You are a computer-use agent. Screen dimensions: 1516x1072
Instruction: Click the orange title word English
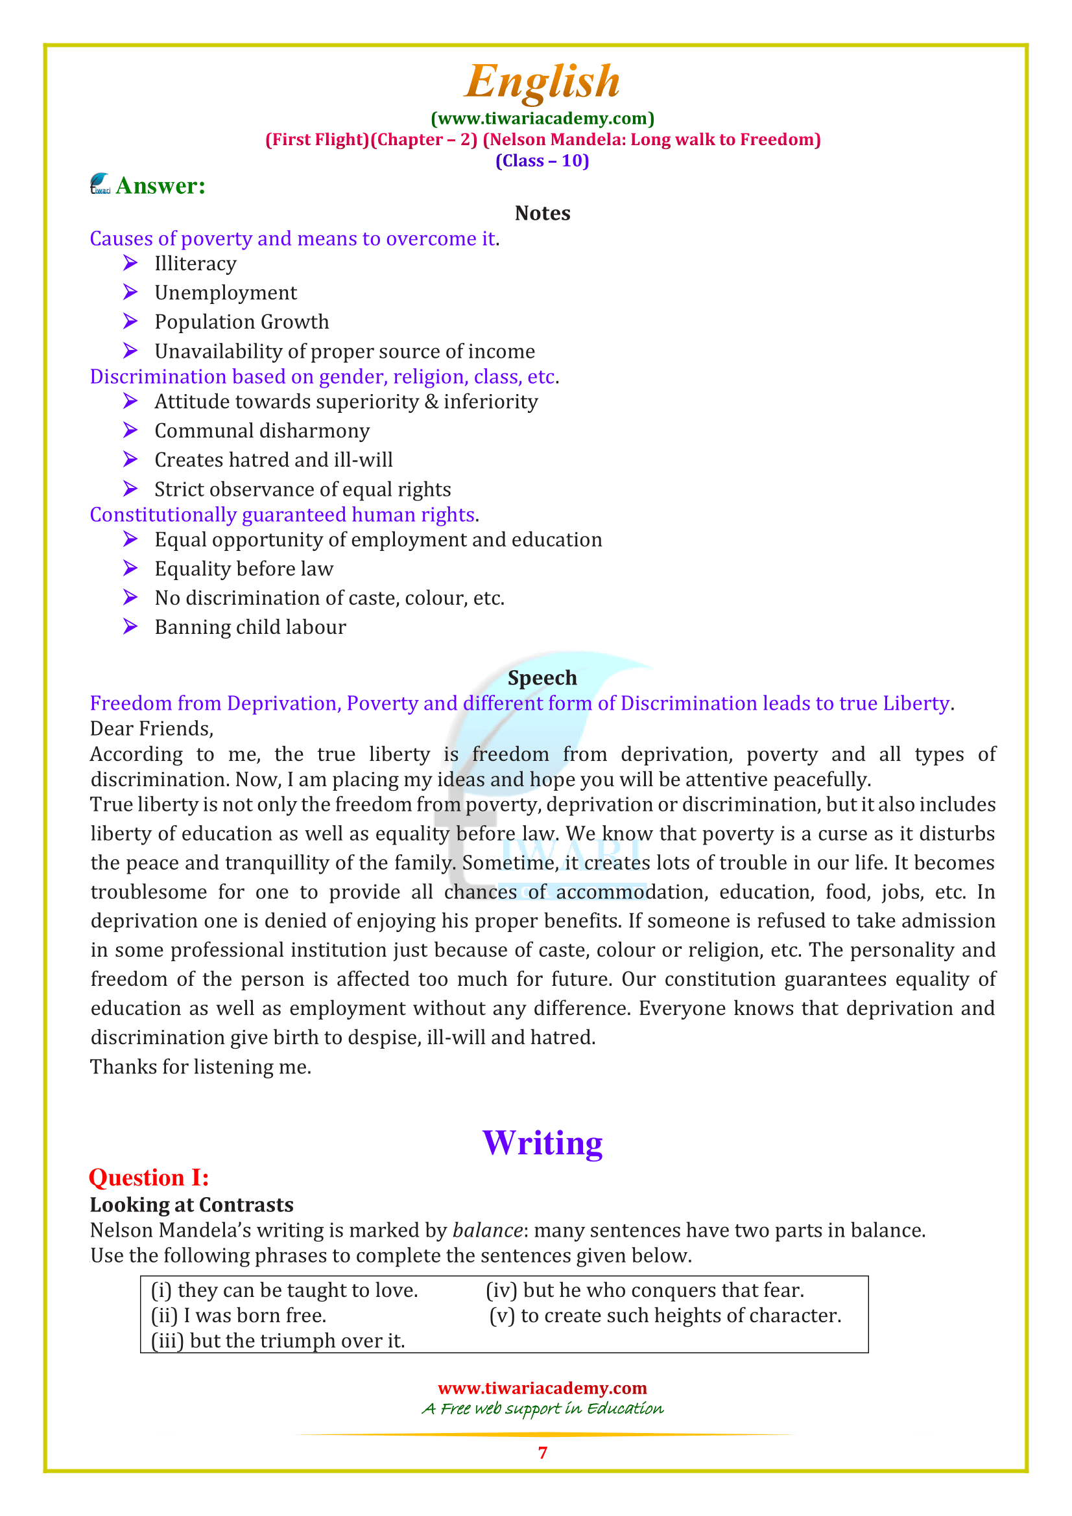(x=542, y=82)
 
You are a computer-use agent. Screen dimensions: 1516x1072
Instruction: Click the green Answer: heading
(x=160, y=186)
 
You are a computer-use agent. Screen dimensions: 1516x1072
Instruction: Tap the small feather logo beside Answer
(x=101, y=184)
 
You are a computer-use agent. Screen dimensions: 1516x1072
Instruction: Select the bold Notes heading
(x=542, y=213)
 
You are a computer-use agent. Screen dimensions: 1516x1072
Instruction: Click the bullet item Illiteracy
(x=195, y=264)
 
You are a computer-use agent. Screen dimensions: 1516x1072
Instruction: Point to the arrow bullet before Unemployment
(x=130, y=292)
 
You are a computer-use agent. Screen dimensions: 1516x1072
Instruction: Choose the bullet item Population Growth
(x=241, y=322)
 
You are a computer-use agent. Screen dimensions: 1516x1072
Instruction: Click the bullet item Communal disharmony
(x=261, y=431)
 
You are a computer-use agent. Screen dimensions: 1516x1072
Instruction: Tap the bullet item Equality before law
(x=244, y=569)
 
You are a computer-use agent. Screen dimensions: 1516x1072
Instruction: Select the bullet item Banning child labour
(x=250, y=627)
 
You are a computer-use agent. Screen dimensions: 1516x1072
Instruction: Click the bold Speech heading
(x=542, y=678)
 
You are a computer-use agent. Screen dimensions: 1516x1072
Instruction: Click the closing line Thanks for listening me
(x=200, y=1067)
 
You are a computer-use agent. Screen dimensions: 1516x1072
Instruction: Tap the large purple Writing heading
(x=542, y=1143)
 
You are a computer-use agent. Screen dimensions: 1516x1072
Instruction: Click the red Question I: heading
(x=149, y=1178)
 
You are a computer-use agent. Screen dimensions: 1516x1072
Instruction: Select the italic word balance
(x=488, y=1231)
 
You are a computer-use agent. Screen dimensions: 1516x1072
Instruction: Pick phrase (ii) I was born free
(x=239, y=1316)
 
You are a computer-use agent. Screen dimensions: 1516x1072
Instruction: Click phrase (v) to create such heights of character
(x=665, y=1316)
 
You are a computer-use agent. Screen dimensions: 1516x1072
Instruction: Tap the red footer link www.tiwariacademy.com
(x=542, y=1388)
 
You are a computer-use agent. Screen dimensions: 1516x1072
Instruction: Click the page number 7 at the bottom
(x=542, y=1452)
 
